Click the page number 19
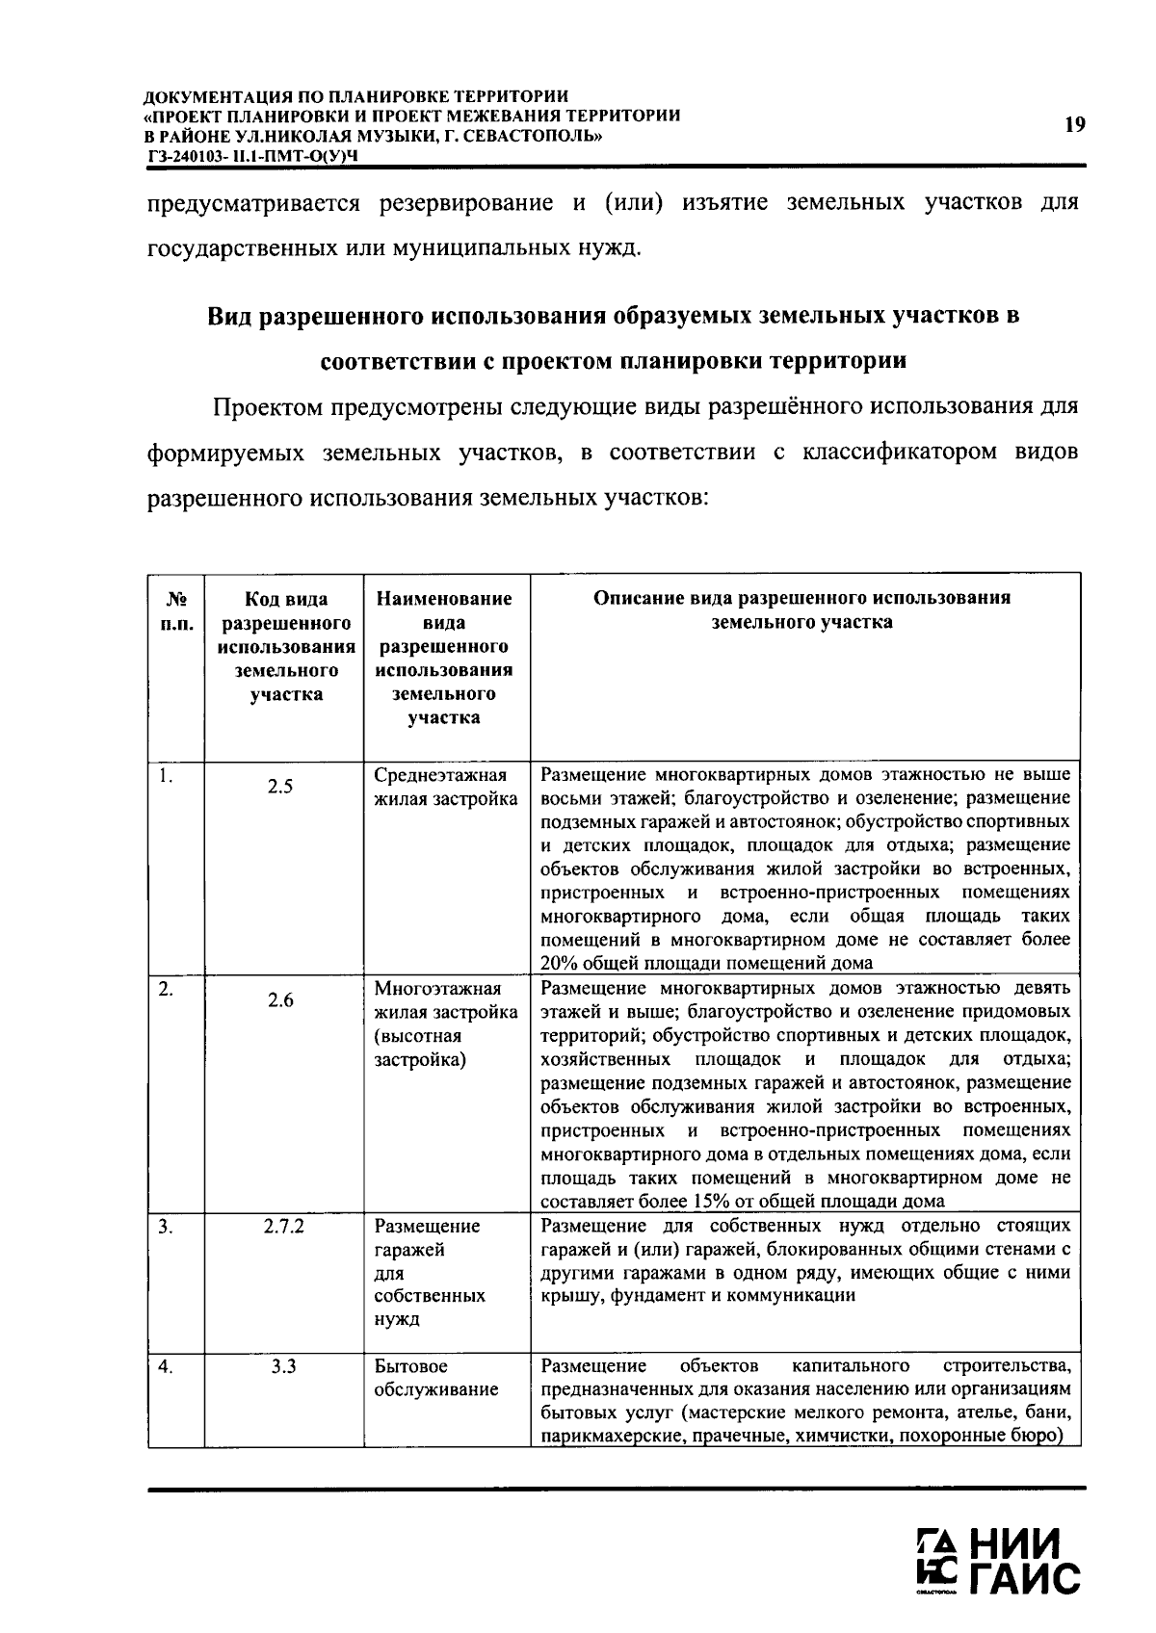coord(1075,124)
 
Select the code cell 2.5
coord(280,787)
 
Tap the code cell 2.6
coord(280,1000)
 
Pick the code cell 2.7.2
coord(283,1227)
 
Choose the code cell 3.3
coord(283,1366)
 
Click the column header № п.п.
coord(175,610)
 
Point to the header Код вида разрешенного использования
coord(283,646)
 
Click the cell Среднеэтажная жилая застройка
coord(445,787)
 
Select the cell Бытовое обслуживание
coord(435,1378)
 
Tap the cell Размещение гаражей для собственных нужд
coord(429,1272)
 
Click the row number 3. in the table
coord(166,1227)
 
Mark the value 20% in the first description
coord(557,963)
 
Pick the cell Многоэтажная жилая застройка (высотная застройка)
coord(445,1024)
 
